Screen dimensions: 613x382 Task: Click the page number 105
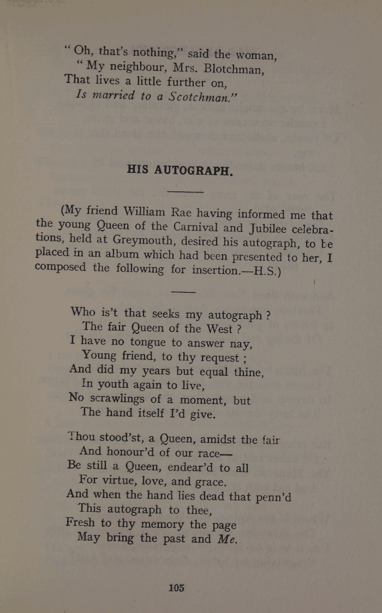pos(176,588)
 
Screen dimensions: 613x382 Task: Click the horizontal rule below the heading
pos(186,192)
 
